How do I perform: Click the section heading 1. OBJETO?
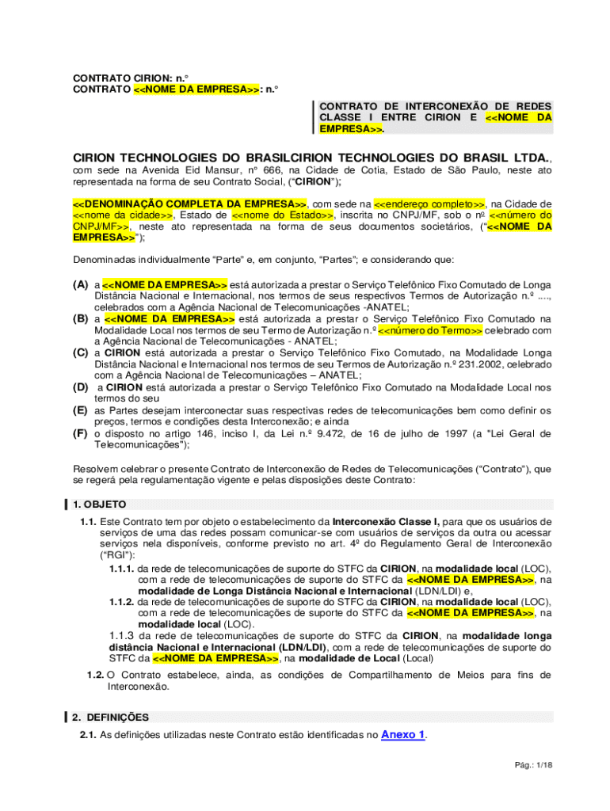click(x=99, y=504)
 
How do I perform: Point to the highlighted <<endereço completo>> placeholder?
click(x=429, y=204)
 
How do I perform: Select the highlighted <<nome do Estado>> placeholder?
click(x=283, y=215)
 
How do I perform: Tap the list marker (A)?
click(x=80, y=284)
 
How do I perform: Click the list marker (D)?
click(x=80, y=387)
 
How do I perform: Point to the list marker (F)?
click(x=80, y=433)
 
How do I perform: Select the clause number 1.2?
click(x=95, y=675)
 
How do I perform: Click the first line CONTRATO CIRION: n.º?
click(x=131, y=78)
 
